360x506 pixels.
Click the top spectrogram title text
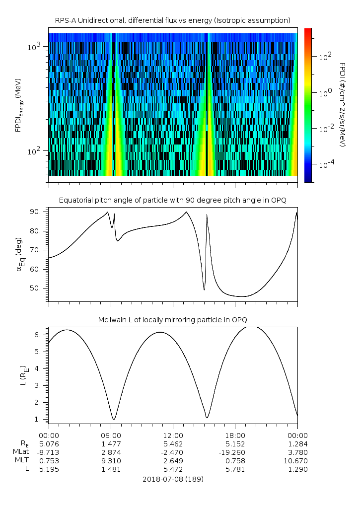coord(172,20)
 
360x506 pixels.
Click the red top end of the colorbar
coord(308,31)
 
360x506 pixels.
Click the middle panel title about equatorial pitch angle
coord(172,200)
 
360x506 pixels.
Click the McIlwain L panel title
coord(172,319)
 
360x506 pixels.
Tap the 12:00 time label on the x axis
coord(173,435)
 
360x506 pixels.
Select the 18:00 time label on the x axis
coord(235,435)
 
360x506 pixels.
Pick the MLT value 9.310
coord(111,461)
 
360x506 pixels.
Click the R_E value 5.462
coord(173,443)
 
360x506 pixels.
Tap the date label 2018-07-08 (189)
coord(173,479)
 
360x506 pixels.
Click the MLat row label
coord(22,452)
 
